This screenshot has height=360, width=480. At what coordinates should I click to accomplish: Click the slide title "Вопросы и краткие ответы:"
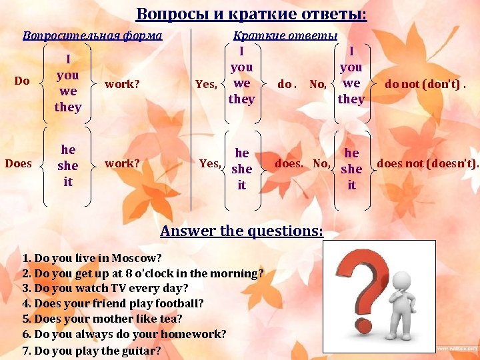point(251,14)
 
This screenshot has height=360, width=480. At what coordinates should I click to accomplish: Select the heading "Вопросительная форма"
point(92,35)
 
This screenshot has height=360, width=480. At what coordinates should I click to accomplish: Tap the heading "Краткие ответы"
point(285,35)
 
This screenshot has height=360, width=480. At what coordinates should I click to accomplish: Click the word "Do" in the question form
point(22,81)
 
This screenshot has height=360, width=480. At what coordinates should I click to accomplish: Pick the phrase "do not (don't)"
point(425,84)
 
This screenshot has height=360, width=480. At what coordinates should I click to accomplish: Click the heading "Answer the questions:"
point(242,231)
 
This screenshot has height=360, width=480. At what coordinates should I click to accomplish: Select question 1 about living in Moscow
point(92,258)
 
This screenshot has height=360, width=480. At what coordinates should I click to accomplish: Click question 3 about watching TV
point(105,289)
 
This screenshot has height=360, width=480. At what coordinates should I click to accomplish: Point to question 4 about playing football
point(113,303)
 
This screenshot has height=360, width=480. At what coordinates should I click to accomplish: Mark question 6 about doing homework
point(124,334)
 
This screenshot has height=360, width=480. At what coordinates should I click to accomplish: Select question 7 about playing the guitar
point(91,350)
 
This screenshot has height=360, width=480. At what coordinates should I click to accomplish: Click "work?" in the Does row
point(123,163)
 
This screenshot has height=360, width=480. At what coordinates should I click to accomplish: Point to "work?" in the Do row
point(123,84)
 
